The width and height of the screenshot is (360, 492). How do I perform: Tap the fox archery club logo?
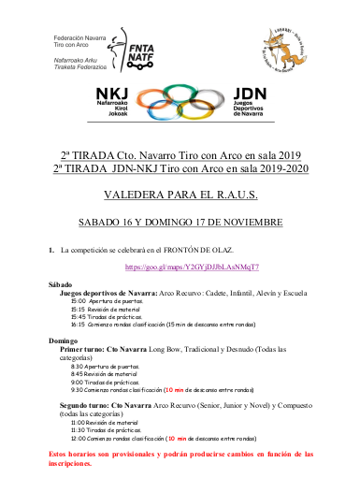click(285, 43)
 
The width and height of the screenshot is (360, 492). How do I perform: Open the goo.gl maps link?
click(179, 268)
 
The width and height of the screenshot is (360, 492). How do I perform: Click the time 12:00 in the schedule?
click(79, 436)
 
